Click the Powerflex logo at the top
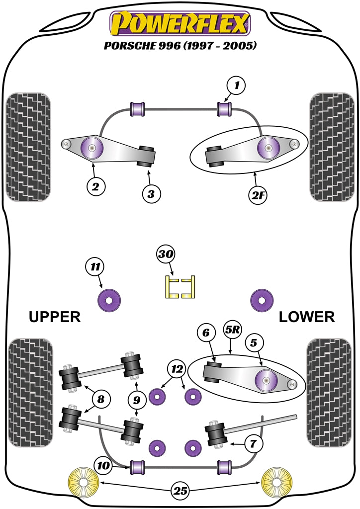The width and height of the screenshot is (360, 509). (x=180, y=24)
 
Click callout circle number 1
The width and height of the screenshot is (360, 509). (x=237, y=86)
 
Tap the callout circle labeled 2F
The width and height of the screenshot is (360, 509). (x=259, y=195)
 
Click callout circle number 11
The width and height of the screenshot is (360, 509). (x=94, y=267)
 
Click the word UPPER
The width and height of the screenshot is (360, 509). (x=55, y=317)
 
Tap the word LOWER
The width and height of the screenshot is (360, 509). (x=306, y=317)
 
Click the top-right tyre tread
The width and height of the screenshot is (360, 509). (x=330, y=147)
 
